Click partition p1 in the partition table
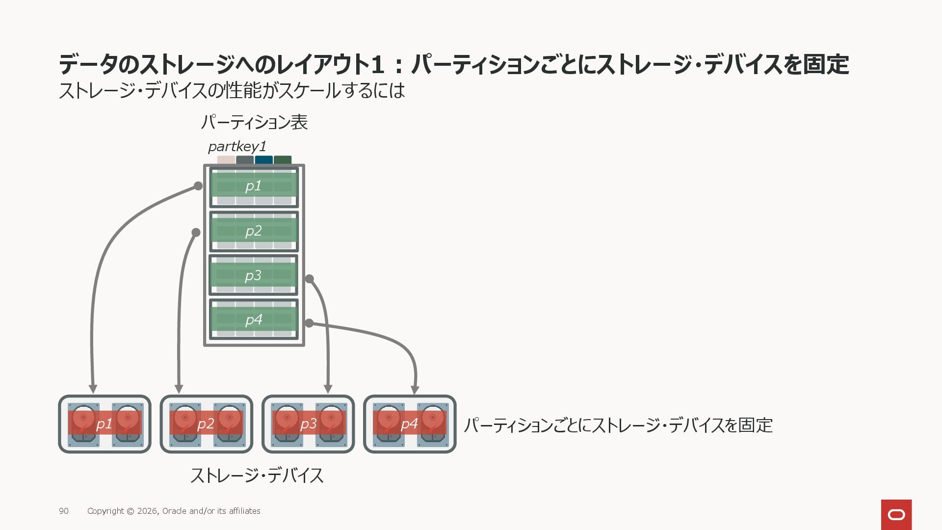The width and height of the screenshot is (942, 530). [254, 187]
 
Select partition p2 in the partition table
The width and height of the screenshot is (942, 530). [254, 231]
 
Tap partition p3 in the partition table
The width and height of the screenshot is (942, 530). [253, 275]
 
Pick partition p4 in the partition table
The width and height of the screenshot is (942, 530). [254, 319]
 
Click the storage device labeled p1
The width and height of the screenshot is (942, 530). [105, 424]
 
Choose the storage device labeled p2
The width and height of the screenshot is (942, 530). [206, 424]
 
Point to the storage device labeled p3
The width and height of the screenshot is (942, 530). [308, 424]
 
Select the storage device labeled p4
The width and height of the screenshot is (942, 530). [410, 424]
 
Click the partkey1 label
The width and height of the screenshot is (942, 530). [237, 146]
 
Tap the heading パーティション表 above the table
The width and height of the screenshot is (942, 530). [254, 122]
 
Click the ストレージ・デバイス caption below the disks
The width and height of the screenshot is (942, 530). [257, 476]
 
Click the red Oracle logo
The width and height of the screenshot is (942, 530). [896, 514]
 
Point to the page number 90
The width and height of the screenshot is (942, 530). [64, 511]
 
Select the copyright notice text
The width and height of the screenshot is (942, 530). [174, 511]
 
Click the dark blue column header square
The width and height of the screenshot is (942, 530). [263, 160]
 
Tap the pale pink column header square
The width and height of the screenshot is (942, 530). [226, 160]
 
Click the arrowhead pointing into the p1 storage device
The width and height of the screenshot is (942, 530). [93, 389]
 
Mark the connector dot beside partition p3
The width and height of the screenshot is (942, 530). [309, 279]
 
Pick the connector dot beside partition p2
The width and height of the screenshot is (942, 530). [196, 232]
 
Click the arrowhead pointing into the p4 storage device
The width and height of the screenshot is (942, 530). [415, 390]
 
